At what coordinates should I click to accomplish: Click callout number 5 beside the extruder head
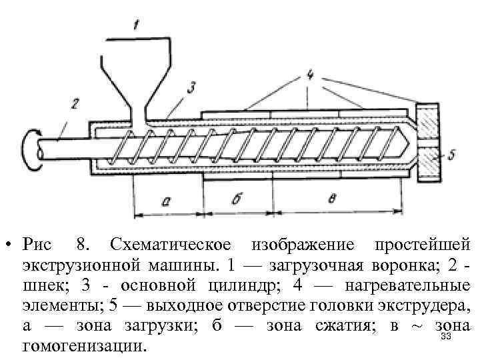pos(451,155)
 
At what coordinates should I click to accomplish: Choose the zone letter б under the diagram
pos(237,198)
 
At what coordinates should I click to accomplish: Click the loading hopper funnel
pos(137,73)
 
